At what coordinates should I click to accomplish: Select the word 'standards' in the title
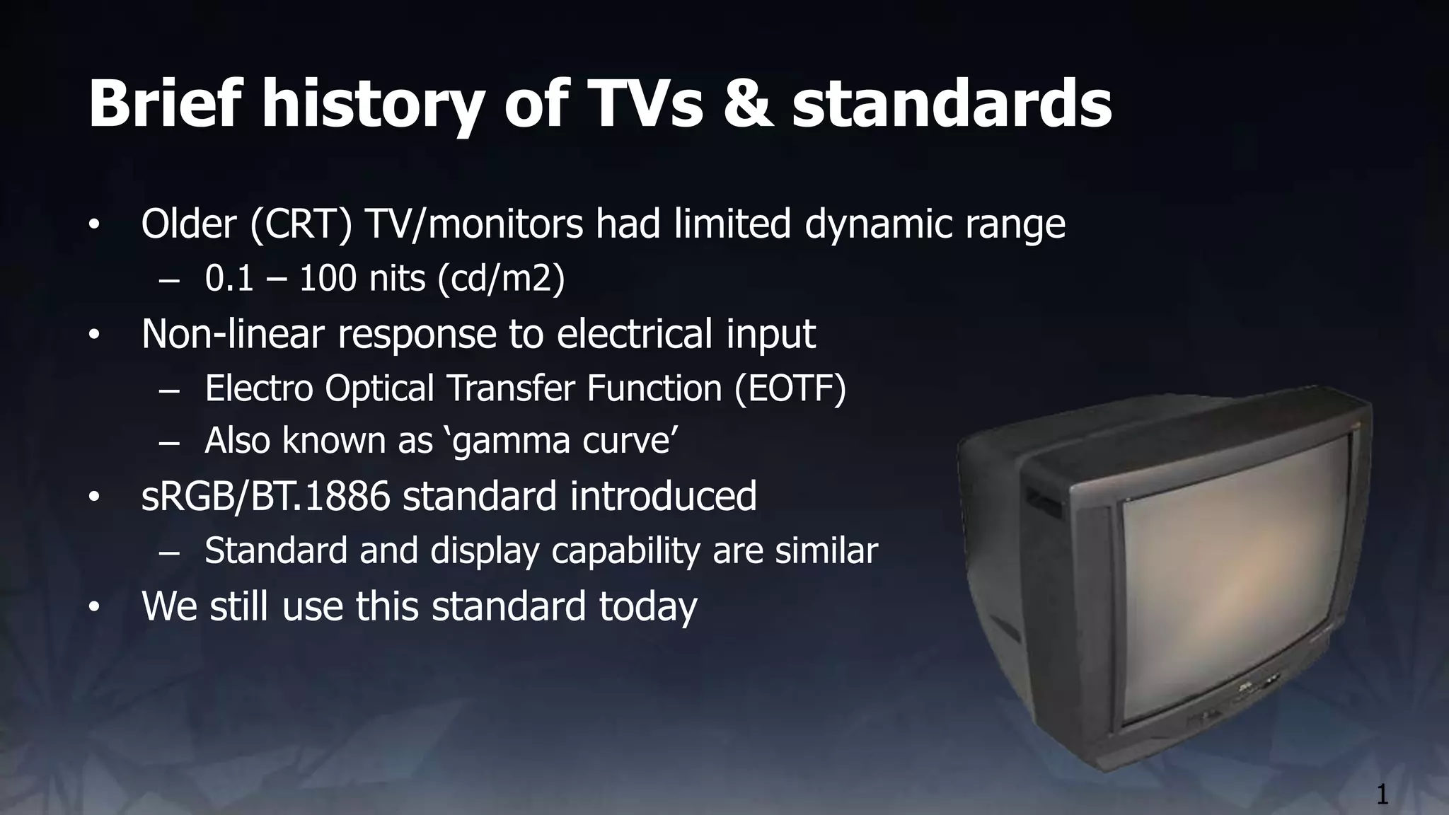click(951, 104)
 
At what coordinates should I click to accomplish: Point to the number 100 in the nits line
click(328, 278)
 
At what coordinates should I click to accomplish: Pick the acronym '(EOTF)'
click(790, 388)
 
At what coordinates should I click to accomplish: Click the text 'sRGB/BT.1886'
click(265, 496)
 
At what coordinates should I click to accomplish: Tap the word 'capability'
click(625, 550)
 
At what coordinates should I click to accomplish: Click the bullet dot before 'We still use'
click(95, 608)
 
